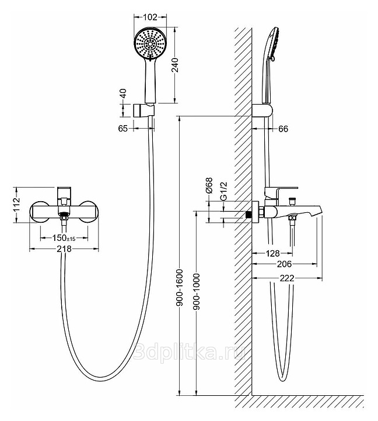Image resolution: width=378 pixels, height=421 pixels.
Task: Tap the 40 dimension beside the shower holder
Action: [123, 94]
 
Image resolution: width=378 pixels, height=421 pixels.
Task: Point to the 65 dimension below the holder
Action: [123, 129]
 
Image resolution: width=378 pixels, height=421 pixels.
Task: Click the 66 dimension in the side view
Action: [284, 129]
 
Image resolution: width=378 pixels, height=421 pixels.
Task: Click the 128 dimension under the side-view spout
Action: [271, 253]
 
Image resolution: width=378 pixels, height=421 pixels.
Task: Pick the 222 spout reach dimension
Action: [286, 278]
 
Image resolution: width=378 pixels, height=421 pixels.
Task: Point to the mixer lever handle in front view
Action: [64, 194]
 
